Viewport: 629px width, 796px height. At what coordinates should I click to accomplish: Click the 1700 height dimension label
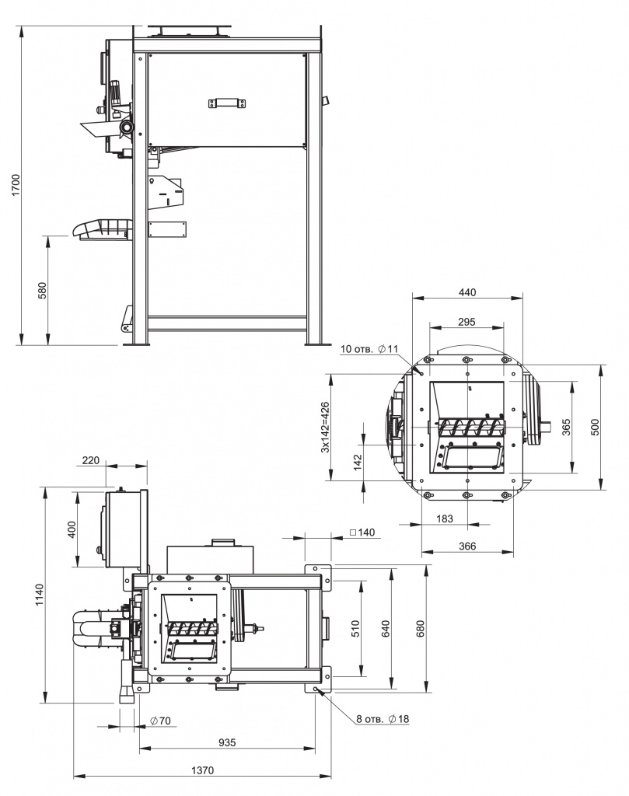click(x=16, y=185)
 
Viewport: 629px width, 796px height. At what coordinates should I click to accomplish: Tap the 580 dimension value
click(x=42, y=291)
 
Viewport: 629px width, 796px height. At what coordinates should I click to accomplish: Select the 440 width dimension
click(x=467, y=292)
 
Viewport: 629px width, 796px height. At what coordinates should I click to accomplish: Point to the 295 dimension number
click(x=467, y=321)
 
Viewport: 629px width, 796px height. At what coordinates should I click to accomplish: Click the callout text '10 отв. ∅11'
click(x=369, y=349)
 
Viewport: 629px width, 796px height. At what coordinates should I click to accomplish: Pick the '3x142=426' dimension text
click(x=325, y=428)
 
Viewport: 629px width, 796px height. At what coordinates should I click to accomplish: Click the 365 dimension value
click(x=567, y=427)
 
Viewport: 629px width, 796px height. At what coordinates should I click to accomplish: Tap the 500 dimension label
click(x=595, y=427)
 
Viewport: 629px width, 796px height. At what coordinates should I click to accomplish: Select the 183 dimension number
click(x=445, y=518)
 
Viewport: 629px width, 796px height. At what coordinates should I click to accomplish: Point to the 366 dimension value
click(x=467, y=546)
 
